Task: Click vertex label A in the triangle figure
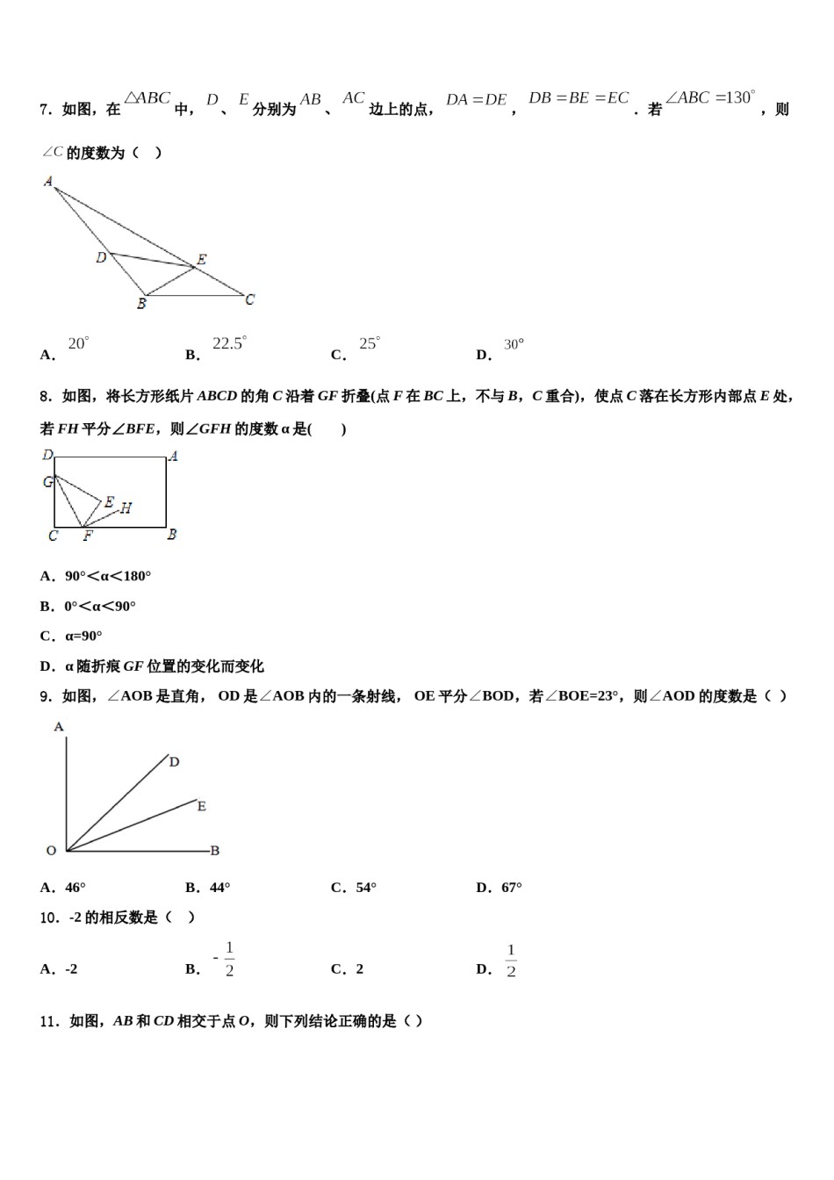coord(48,182)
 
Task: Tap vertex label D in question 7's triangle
coord(101,257)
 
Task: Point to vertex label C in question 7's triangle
coord(250,299)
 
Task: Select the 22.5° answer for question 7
coord(229,344)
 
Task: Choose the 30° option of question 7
coord(514,345)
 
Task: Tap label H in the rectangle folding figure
coord(126,507)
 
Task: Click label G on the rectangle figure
coord(48,482)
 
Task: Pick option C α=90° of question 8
coord(71,636)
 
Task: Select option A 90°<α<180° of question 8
coord(96,576)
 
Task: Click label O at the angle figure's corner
coord(51,850)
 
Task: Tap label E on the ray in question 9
coord(202,806)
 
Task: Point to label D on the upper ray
coord(174,762)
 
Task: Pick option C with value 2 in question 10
coord(348,969)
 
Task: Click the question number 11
coord(49,1021)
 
